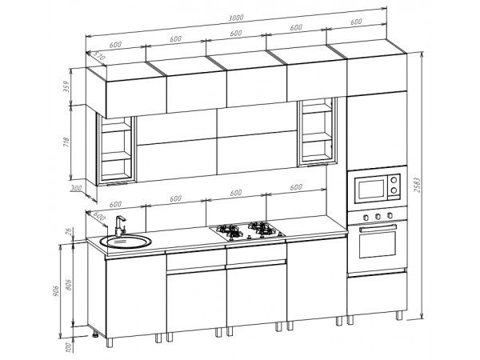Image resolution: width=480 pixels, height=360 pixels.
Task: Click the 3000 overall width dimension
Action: pyautogui.click(x=236, y=18)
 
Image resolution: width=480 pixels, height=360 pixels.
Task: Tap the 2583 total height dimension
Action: pyautogui.click(x=417, y=185)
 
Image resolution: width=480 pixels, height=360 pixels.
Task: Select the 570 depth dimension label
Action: pyautogui.click(x=99, y=56)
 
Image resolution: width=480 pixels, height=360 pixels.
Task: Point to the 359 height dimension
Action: pyautogui.click(x=67, y=87)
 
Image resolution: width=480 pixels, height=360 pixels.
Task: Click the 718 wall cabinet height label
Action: pyautogui.click(x=66, y=142)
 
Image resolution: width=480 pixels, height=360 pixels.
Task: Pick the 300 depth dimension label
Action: pyautogui.click(x=76, y=188)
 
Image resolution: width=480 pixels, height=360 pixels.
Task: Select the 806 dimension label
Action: pyautogui.click(x=69, y=285)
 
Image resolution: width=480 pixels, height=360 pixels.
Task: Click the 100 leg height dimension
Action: pyautogui.click(x=69, y=347)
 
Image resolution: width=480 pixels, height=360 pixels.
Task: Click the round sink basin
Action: pyautogui.click(x=126, y=242)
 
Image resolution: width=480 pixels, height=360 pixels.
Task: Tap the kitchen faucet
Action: pyautogui.click(x=120, y=226)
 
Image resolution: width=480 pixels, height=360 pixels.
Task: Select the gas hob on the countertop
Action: pyautogui.click(x=247, y=231)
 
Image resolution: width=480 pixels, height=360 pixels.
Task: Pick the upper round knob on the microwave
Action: pyautogui.click(x=394, y=178)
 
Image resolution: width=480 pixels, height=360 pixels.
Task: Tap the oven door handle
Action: pyautogui.click(x=378, y=228)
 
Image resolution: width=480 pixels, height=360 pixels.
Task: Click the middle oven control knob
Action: pyautogui.click(x=378, y=216)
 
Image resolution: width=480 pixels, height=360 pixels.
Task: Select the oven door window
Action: pyautogui.click(x=378, y=244)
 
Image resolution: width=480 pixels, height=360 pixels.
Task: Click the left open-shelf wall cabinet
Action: pyautogui.click(x=116, y=150)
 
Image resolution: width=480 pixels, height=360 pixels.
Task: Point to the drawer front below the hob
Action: pyautogui.click(x=257, y=256)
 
